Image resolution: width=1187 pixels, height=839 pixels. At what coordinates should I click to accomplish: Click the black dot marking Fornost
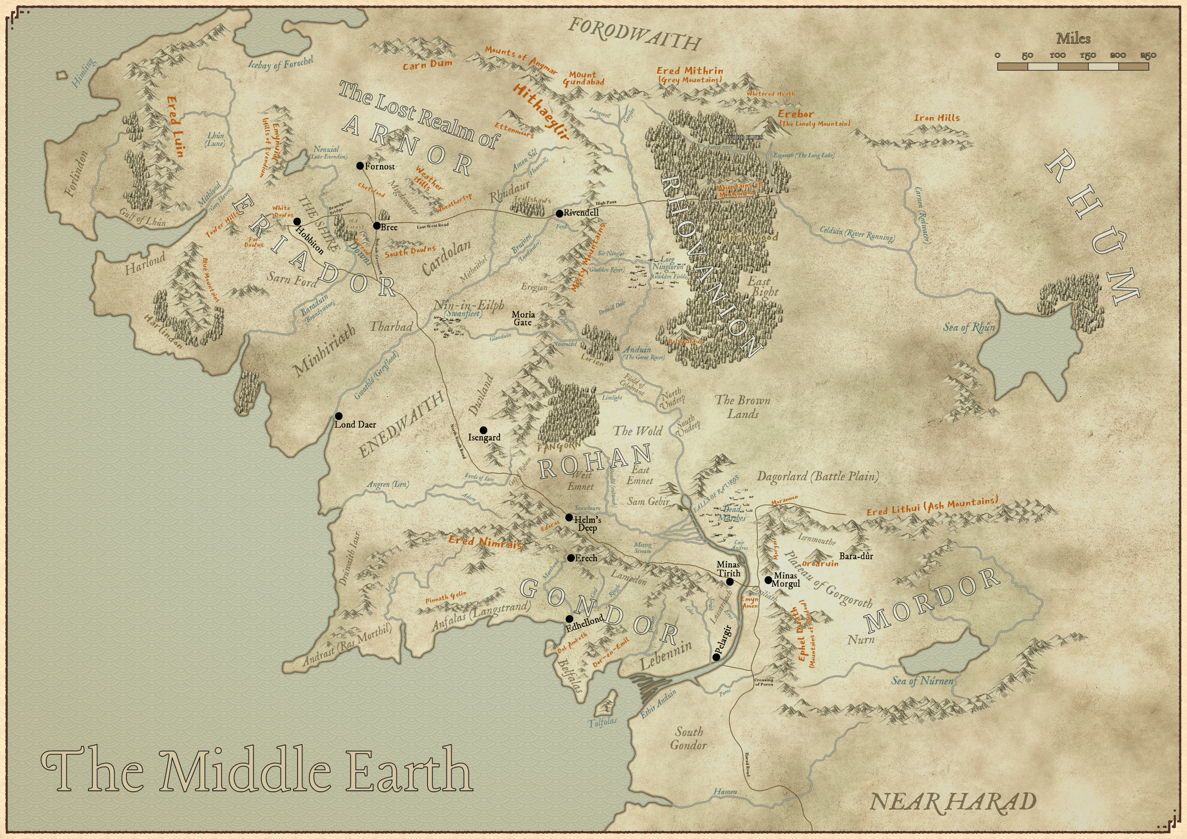(x=360, y=166)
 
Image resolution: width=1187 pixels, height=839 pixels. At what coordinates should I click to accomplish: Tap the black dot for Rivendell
(x=559, y=213)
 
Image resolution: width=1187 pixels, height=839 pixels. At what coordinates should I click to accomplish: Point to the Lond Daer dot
(x=339, y=416)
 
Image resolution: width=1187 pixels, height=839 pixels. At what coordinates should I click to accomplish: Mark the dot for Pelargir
(x=716, y=657)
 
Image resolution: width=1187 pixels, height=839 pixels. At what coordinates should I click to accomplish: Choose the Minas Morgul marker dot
(x=768, y=580)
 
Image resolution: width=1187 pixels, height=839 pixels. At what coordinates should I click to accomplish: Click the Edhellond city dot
(x=569, y=619)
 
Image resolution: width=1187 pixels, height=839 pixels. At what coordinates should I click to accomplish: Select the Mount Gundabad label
(x=583, y=78)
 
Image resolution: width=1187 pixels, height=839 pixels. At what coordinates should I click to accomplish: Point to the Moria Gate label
(x=523, y=318)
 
